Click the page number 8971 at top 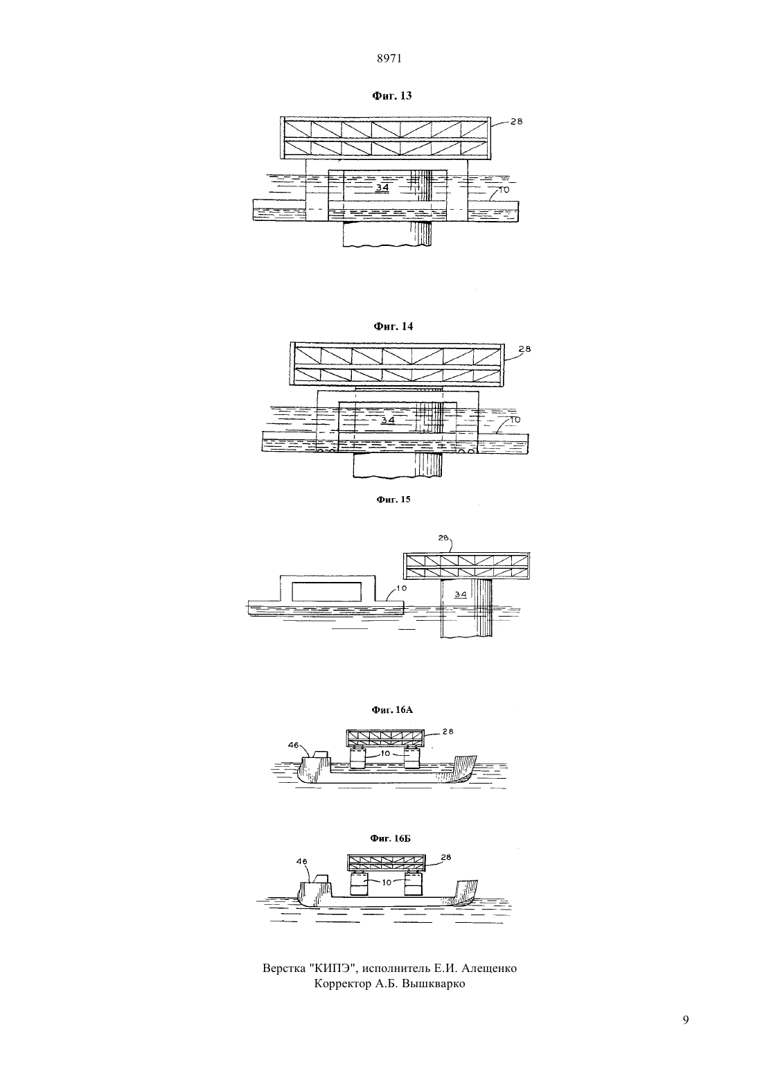[389, 58]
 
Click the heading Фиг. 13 [392, 96]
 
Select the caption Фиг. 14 [393, 326]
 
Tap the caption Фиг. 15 [393, 499]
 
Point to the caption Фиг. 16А [392, 709]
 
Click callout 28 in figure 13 [516, 122]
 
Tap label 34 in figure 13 [382, 187]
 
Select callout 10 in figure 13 [504, 190]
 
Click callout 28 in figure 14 [525, 349]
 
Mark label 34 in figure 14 [387, 420]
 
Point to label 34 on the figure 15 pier [461, 595]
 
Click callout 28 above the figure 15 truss [443, 538]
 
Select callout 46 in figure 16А [294, 745]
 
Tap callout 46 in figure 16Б [301, 861]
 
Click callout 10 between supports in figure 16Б [387, 882]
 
